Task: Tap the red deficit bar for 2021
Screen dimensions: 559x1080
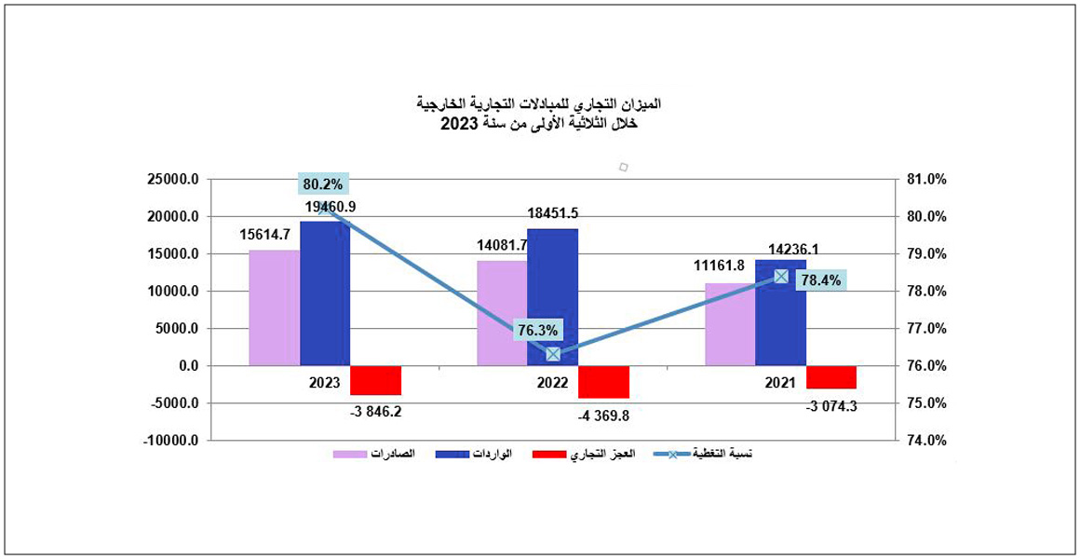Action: click(831, 376)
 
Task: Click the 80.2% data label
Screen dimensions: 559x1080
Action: click(323, 184)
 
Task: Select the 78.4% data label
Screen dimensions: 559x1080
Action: click(817, 279)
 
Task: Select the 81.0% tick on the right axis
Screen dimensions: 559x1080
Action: click(925, 180)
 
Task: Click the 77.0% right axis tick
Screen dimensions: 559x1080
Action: click(925, 329)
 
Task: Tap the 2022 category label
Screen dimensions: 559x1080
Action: click(552, 383)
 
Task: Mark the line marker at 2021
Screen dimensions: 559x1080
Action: click(781, 276)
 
